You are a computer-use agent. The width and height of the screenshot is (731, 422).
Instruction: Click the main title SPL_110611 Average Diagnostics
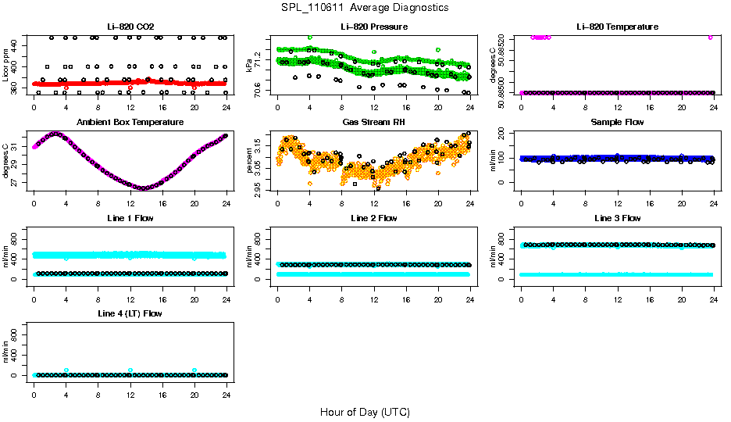[365, 7]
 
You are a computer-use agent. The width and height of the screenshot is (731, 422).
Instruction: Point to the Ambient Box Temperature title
[130, 123]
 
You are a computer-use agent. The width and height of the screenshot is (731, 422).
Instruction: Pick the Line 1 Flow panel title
[130, 218]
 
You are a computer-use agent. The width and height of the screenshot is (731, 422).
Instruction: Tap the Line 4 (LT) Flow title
[130, 314]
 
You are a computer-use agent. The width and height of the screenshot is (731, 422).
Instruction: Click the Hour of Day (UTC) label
[365, 412]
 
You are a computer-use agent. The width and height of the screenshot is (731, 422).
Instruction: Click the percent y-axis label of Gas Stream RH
[250, 161]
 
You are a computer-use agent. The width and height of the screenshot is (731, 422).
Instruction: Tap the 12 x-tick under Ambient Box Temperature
[130, 196]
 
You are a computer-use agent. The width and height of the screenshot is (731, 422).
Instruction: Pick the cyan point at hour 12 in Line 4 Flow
[130, 370]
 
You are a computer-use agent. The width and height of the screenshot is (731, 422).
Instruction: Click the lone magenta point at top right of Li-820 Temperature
[710, 37]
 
